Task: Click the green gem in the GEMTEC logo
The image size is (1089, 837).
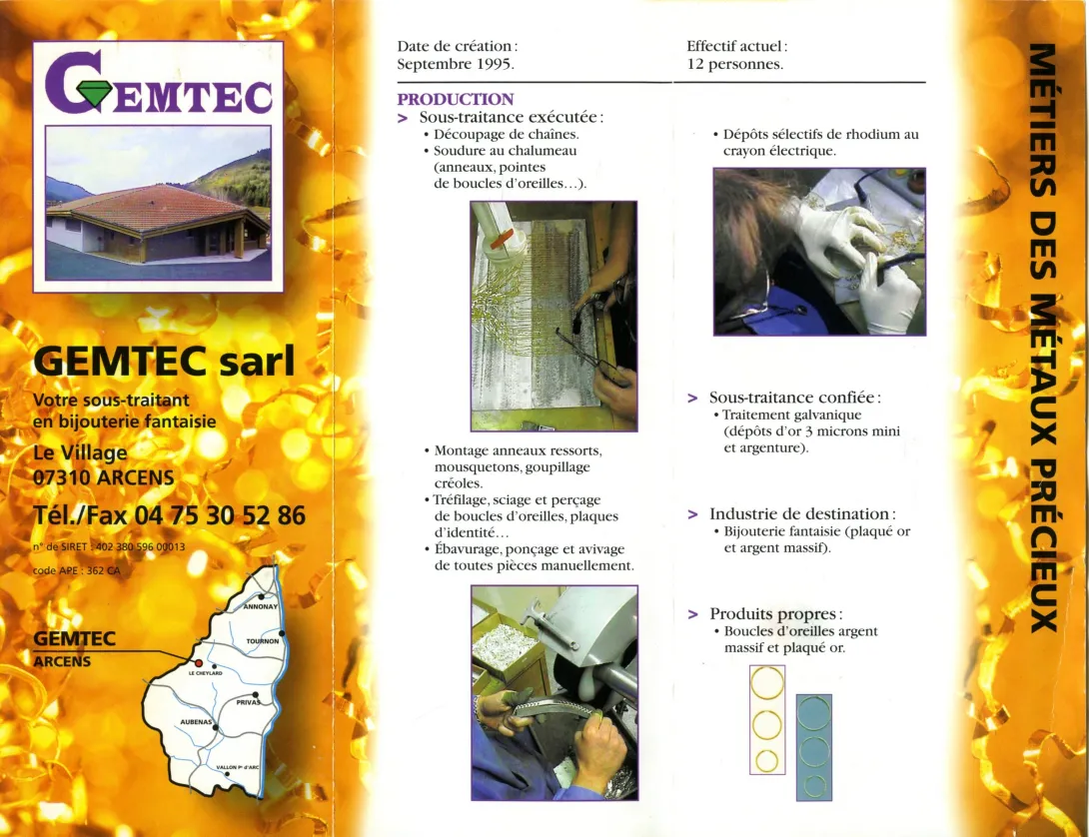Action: pos(96,94)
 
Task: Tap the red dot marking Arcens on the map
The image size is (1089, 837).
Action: pos(198,662)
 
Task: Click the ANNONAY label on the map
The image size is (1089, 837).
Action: pos(261,606)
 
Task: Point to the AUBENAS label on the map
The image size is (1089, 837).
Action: pos(196,720)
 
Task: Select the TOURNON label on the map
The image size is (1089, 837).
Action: pos(262,641)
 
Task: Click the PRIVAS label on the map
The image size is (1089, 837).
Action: pos(247,702)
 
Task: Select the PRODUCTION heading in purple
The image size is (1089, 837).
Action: pos(455,99)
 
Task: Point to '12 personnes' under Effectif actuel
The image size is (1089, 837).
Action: pos(734,64)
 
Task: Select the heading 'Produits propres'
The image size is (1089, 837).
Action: pos(775,613)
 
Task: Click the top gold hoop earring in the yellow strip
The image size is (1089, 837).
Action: pos(766,685)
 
